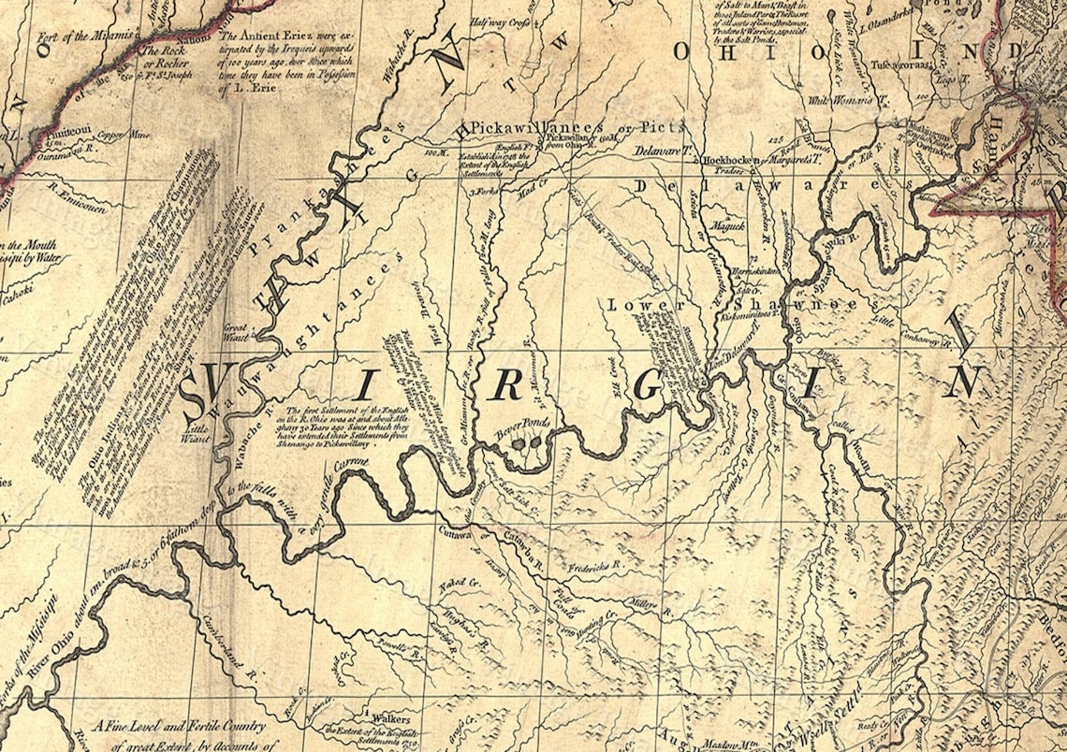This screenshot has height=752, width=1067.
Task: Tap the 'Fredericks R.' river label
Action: [x=600, y=565]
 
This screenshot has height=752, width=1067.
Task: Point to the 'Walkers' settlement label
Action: [x=390, y=718]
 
